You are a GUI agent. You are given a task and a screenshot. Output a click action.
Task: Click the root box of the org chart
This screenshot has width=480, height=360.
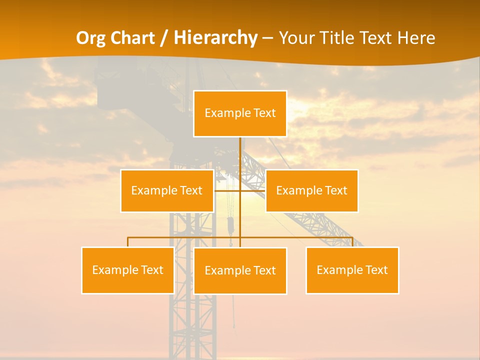coord(240,113)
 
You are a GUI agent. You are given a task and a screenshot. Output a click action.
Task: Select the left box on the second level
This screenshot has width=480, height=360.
coord(167,190)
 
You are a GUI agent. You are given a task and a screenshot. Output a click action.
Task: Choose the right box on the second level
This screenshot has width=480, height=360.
coord(311,190)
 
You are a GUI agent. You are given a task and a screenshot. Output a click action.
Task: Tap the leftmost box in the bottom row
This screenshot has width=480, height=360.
coord(127,270)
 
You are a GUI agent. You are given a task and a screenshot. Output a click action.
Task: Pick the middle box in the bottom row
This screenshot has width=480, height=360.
coord(240,270)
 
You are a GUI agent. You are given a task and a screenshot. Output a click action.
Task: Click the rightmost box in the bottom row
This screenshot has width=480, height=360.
coord(352,270)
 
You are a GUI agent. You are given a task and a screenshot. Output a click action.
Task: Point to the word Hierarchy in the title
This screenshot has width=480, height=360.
coord(215,38)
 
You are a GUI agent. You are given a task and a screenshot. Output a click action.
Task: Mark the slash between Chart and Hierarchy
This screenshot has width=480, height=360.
coord(164,38)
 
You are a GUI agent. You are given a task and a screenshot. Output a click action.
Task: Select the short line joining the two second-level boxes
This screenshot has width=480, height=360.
coord(227,190)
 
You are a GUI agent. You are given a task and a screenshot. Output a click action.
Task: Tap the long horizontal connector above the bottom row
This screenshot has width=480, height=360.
coord(185,237)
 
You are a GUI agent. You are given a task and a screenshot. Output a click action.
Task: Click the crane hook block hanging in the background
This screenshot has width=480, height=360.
coord(231,226)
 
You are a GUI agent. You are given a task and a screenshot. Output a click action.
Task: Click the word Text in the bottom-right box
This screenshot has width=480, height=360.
coord(377,270)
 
